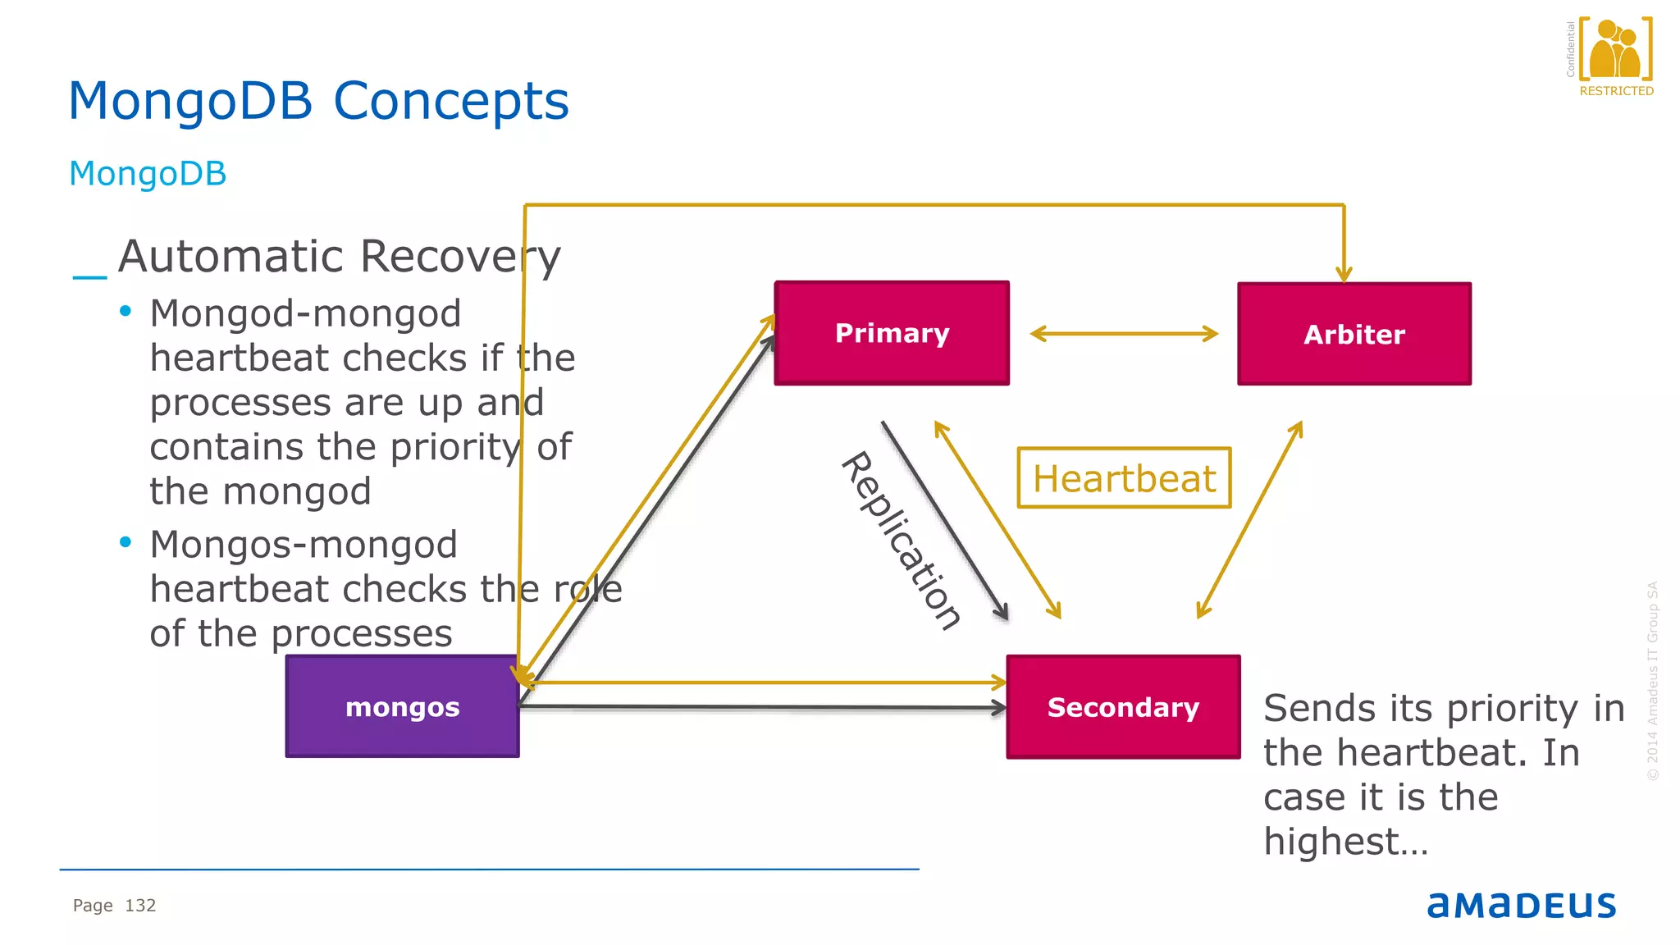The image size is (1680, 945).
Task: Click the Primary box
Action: pos(892,333)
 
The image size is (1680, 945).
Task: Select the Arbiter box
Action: pos(1354,334)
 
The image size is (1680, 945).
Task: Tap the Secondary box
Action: pos(1123,707)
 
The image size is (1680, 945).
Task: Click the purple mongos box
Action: pos(402,706)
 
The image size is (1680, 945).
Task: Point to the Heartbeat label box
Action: pos(1124,478)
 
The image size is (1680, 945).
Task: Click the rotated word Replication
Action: pos(901,541)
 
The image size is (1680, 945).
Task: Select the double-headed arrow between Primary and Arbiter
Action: pos(1124,333)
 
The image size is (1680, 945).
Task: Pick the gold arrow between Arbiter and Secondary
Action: pos(1249,520)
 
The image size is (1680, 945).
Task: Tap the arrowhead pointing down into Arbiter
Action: pos(1344,274)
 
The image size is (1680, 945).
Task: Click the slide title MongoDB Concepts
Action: pos(318,101)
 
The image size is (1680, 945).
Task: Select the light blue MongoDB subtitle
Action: pos(148,174)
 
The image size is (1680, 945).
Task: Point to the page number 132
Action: pos(140,906)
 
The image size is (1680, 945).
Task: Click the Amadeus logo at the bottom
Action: pos(1521,905)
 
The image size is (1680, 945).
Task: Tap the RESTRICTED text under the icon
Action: pos(1616,91)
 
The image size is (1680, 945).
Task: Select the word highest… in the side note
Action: pos(1345,842)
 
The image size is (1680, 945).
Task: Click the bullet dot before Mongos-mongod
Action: pos(126,542)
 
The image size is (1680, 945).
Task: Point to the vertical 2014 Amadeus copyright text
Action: pos(1652,681)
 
